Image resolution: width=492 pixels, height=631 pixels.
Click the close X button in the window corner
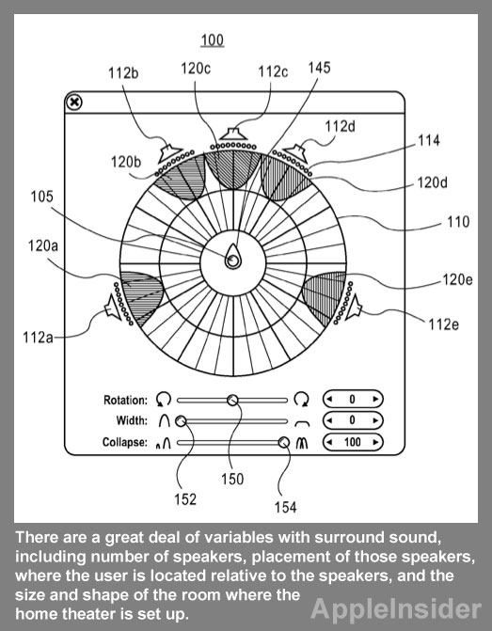point(74,103)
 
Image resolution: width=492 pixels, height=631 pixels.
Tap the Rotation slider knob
point(232,400)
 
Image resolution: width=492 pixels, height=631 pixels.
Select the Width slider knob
point(181,421)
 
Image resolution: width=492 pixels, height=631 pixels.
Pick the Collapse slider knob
point(284,442)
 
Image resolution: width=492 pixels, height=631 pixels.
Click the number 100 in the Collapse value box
point(352,442)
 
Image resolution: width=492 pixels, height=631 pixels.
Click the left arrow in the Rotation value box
point(330,400)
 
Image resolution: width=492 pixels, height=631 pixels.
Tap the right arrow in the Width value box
point(375,420)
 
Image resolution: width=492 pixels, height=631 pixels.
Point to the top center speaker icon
point(233,134)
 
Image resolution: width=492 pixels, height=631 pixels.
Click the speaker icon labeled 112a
point(113,308)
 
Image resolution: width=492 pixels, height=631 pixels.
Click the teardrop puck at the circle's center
point(232,257)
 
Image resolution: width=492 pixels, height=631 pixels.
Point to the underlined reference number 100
point(213,40)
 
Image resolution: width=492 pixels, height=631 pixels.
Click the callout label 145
point(319,68)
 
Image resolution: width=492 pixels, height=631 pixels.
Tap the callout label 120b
point(126,162)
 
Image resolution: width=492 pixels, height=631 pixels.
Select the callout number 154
point(285,507)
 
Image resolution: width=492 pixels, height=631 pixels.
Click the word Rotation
point(126,400)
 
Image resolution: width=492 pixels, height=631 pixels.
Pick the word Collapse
point(125,442)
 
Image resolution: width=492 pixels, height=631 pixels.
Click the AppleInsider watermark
point(396,609)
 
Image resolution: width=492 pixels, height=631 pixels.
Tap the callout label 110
point(458,222)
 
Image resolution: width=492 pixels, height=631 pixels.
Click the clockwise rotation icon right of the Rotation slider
point(301,400)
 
